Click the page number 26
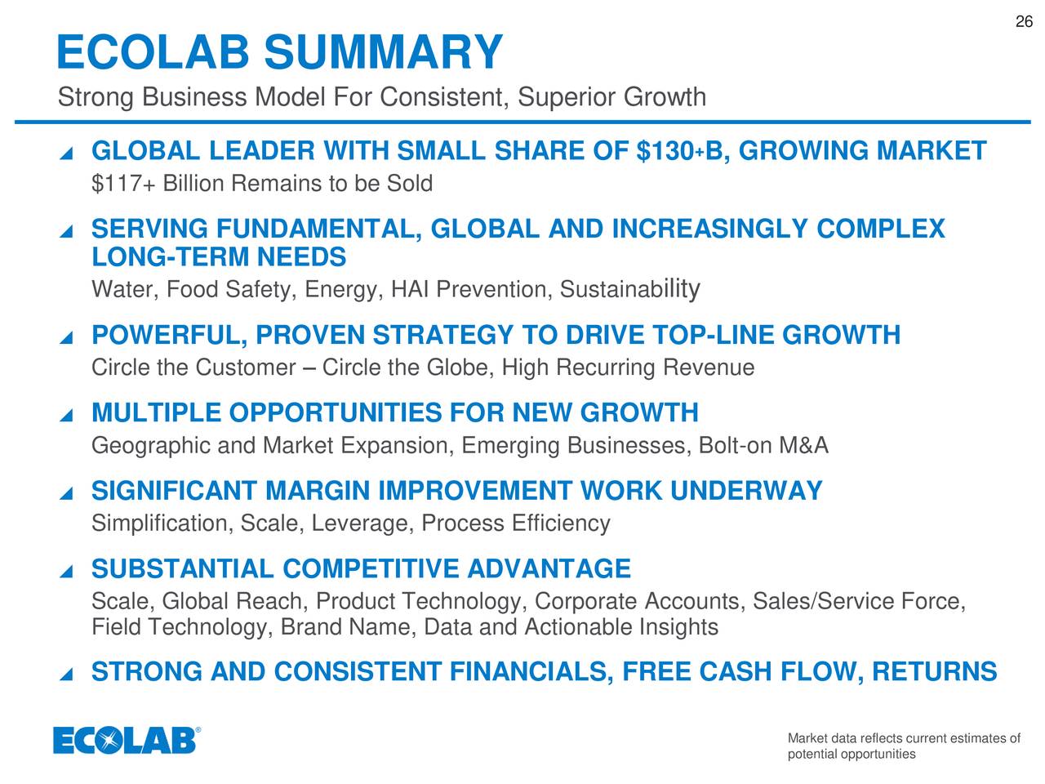1024,22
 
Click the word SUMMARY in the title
383,52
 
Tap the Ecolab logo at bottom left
127,740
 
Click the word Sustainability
629,289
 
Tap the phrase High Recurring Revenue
628,367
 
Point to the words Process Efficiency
515,523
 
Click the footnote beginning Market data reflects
903,746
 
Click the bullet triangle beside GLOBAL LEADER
67,154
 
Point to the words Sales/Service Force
858,602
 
